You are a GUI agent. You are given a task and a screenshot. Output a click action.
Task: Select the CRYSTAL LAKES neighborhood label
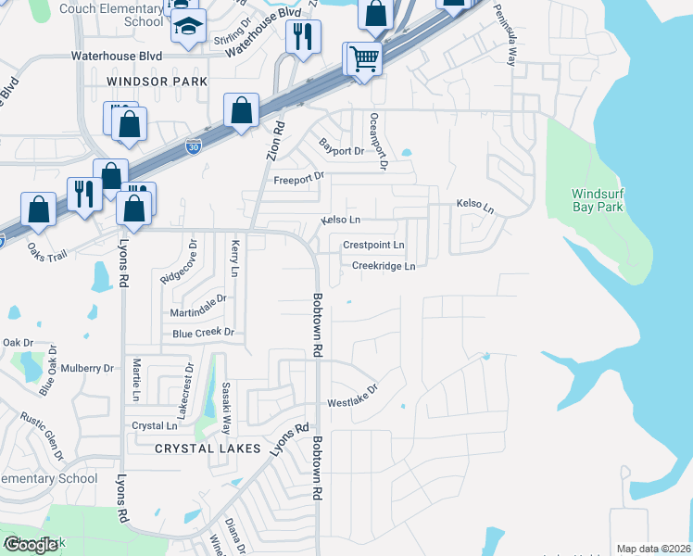click(x=206, y=448)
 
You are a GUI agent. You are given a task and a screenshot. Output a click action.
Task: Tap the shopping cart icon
click(x=364, y=59)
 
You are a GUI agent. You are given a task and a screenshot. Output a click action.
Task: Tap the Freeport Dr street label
click(x=299, y=176)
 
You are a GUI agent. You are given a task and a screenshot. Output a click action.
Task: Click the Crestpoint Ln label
click(x=373, y=245)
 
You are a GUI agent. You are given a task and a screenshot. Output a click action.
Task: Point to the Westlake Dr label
click(x=353, y=398)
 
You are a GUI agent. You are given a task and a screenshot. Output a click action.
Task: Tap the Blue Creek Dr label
click(x=204, y=333)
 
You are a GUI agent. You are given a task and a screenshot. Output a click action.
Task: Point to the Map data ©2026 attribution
click(x=652, y=549)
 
